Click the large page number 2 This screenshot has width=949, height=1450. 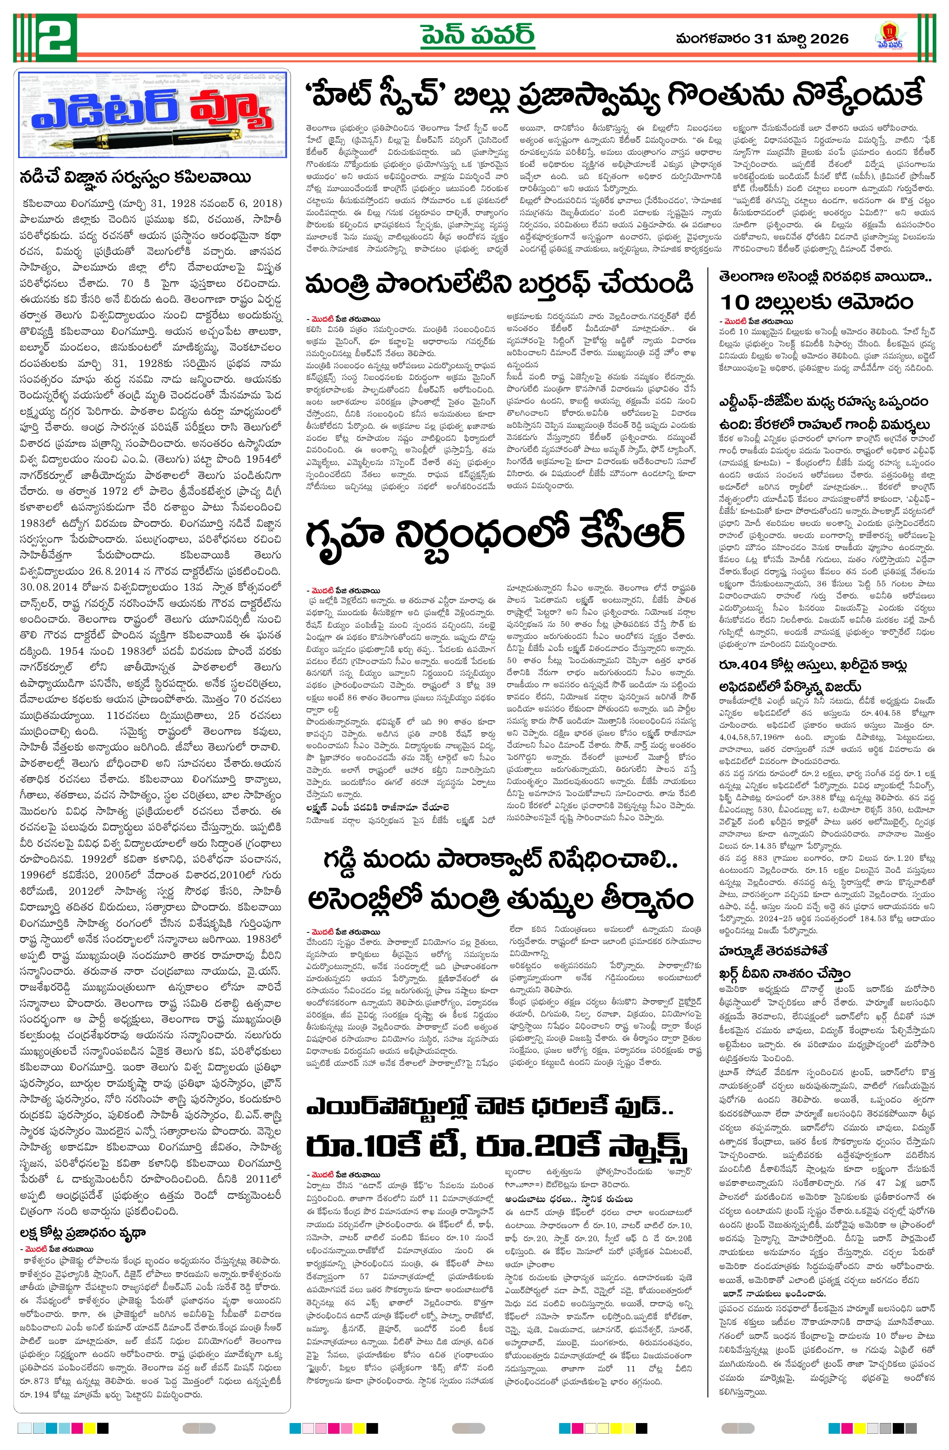(45, 38)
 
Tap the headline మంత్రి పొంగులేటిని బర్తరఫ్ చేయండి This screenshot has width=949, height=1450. (499, 285)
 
